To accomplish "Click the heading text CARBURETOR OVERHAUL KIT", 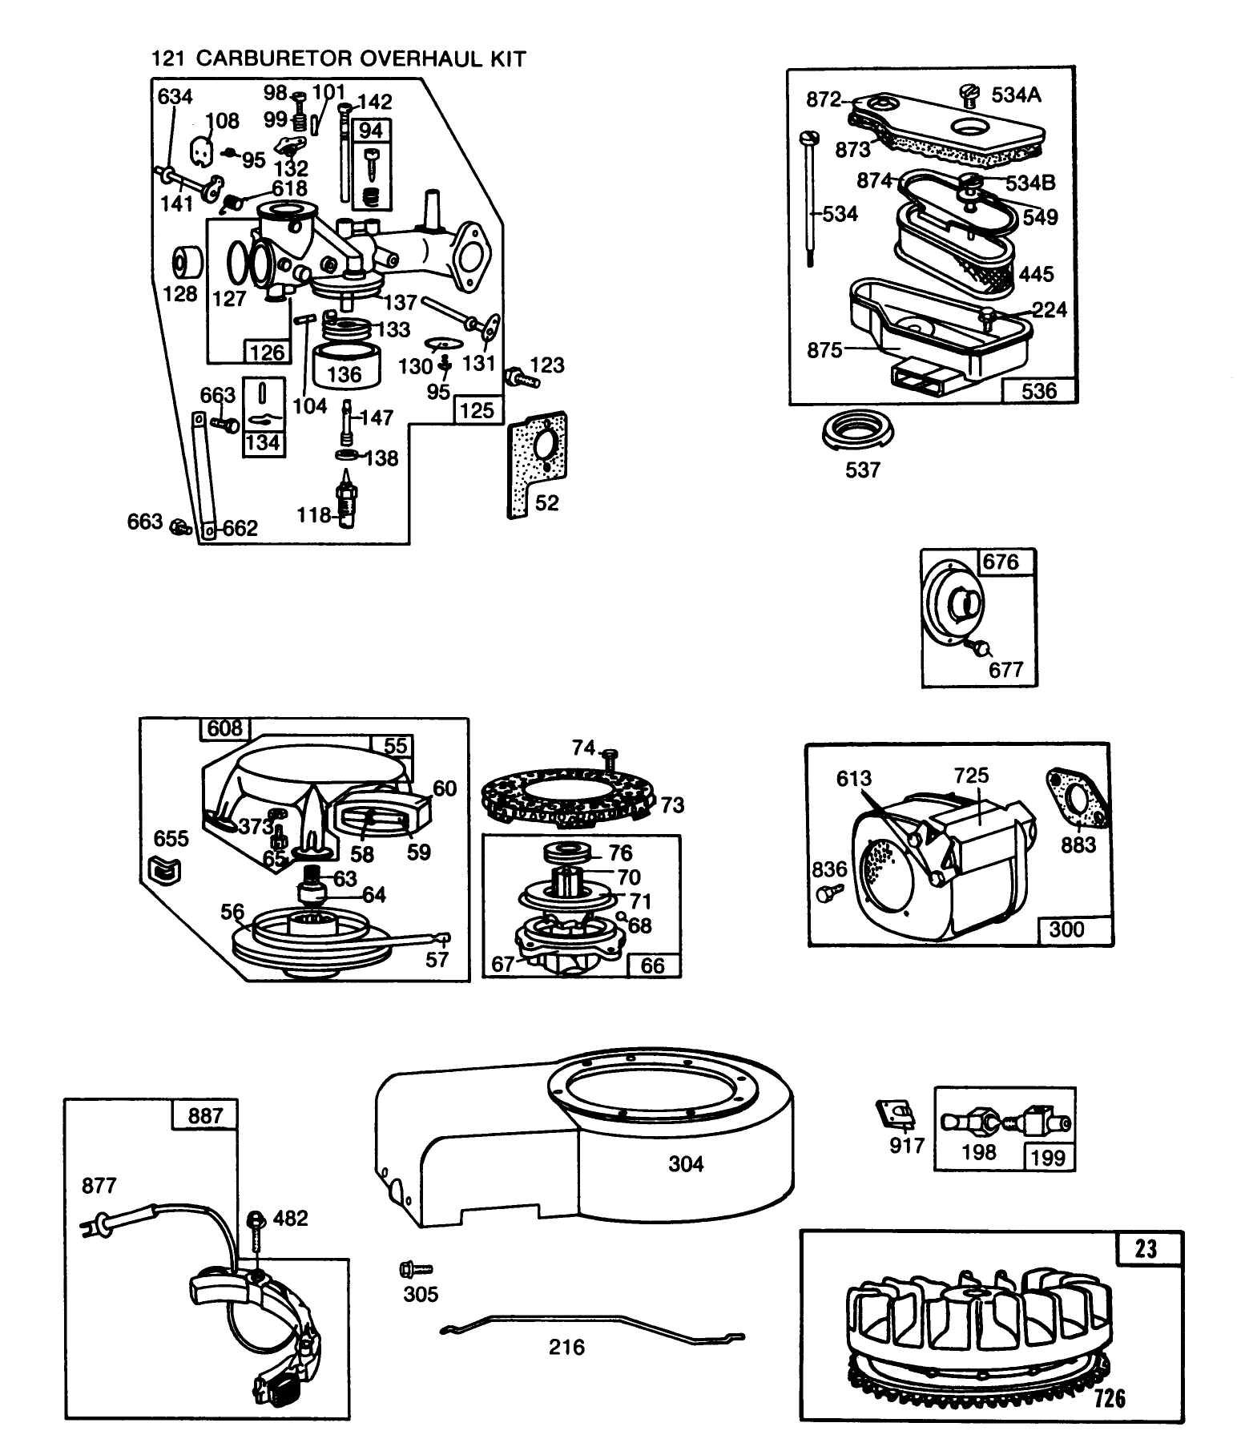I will pos(361,58).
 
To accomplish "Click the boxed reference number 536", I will pos(1038,390).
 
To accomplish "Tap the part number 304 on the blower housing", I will pos(686,1163).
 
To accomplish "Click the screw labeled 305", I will pos(416,1269).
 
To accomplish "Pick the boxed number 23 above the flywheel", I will pos(1146,1249).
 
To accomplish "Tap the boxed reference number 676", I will pos(1001,562).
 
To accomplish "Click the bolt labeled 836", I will pos(827,892).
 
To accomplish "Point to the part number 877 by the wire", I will pos(99,1185).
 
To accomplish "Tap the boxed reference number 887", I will pos(205,1115).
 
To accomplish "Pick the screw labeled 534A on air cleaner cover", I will pos(970,96).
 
